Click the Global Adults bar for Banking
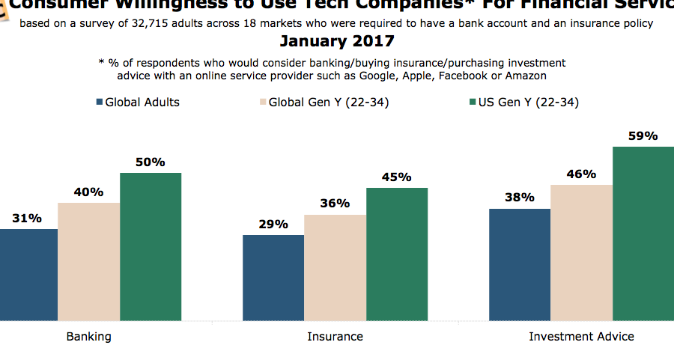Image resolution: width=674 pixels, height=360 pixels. (x=28, y=275)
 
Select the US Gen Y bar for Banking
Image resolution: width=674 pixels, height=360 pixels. (x=151, y=247)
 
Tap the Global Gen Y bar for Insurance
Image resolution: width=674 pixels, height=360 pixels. (x=335, y=268)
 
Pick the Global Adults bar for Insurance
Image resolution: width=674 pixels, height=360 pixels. (x=273, y=278)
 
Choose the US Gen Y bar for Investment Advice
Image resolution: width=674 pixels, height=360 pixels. (x=643, y=234)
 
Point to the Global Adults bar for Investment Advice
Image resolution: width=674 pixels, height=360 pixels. (x=520, y=265)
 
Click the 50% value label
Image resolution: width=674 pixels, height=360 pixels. (x=151, y=162)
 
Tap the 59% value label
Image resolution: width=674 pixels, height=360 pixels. (x=643, y=136)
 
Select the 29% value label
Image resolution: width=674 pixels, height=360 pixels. (x=273, y=224)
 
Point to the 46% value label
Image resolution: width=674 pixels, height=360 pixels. (x=581, y=174)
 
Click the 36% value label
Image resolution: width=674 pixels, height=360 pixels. (x=335, y=204)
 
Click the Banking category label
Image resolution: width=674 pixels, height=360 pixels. (x=88, y=336)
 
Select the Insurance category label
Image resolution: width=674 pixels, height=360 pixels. (x=335, y=336)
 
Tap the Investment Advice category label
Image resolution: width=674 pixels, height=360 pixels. (x=581, y=336)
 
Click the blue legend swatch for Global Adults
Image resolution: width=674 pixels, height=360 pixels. (x=100, y=103)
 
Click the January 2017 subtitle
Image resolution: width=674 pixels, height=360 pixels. (x=337, y=41)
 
